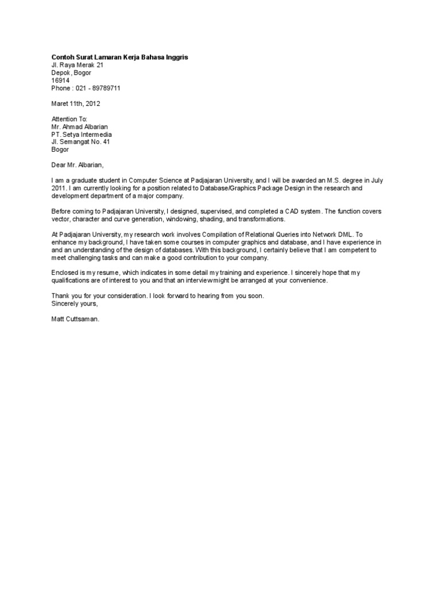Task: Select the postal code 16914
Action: (x=60, y=81)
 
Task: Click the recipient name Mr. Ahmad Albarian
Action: (x=79, y=127)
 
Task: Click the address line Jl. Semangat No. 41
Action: (x=80, y=141)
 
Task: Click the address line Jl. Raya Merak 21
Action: (x=78, y=66)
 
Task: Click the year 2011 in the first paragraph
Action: (x=59, y=188)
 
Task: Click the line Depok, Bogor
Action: (x=71, y=73)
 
